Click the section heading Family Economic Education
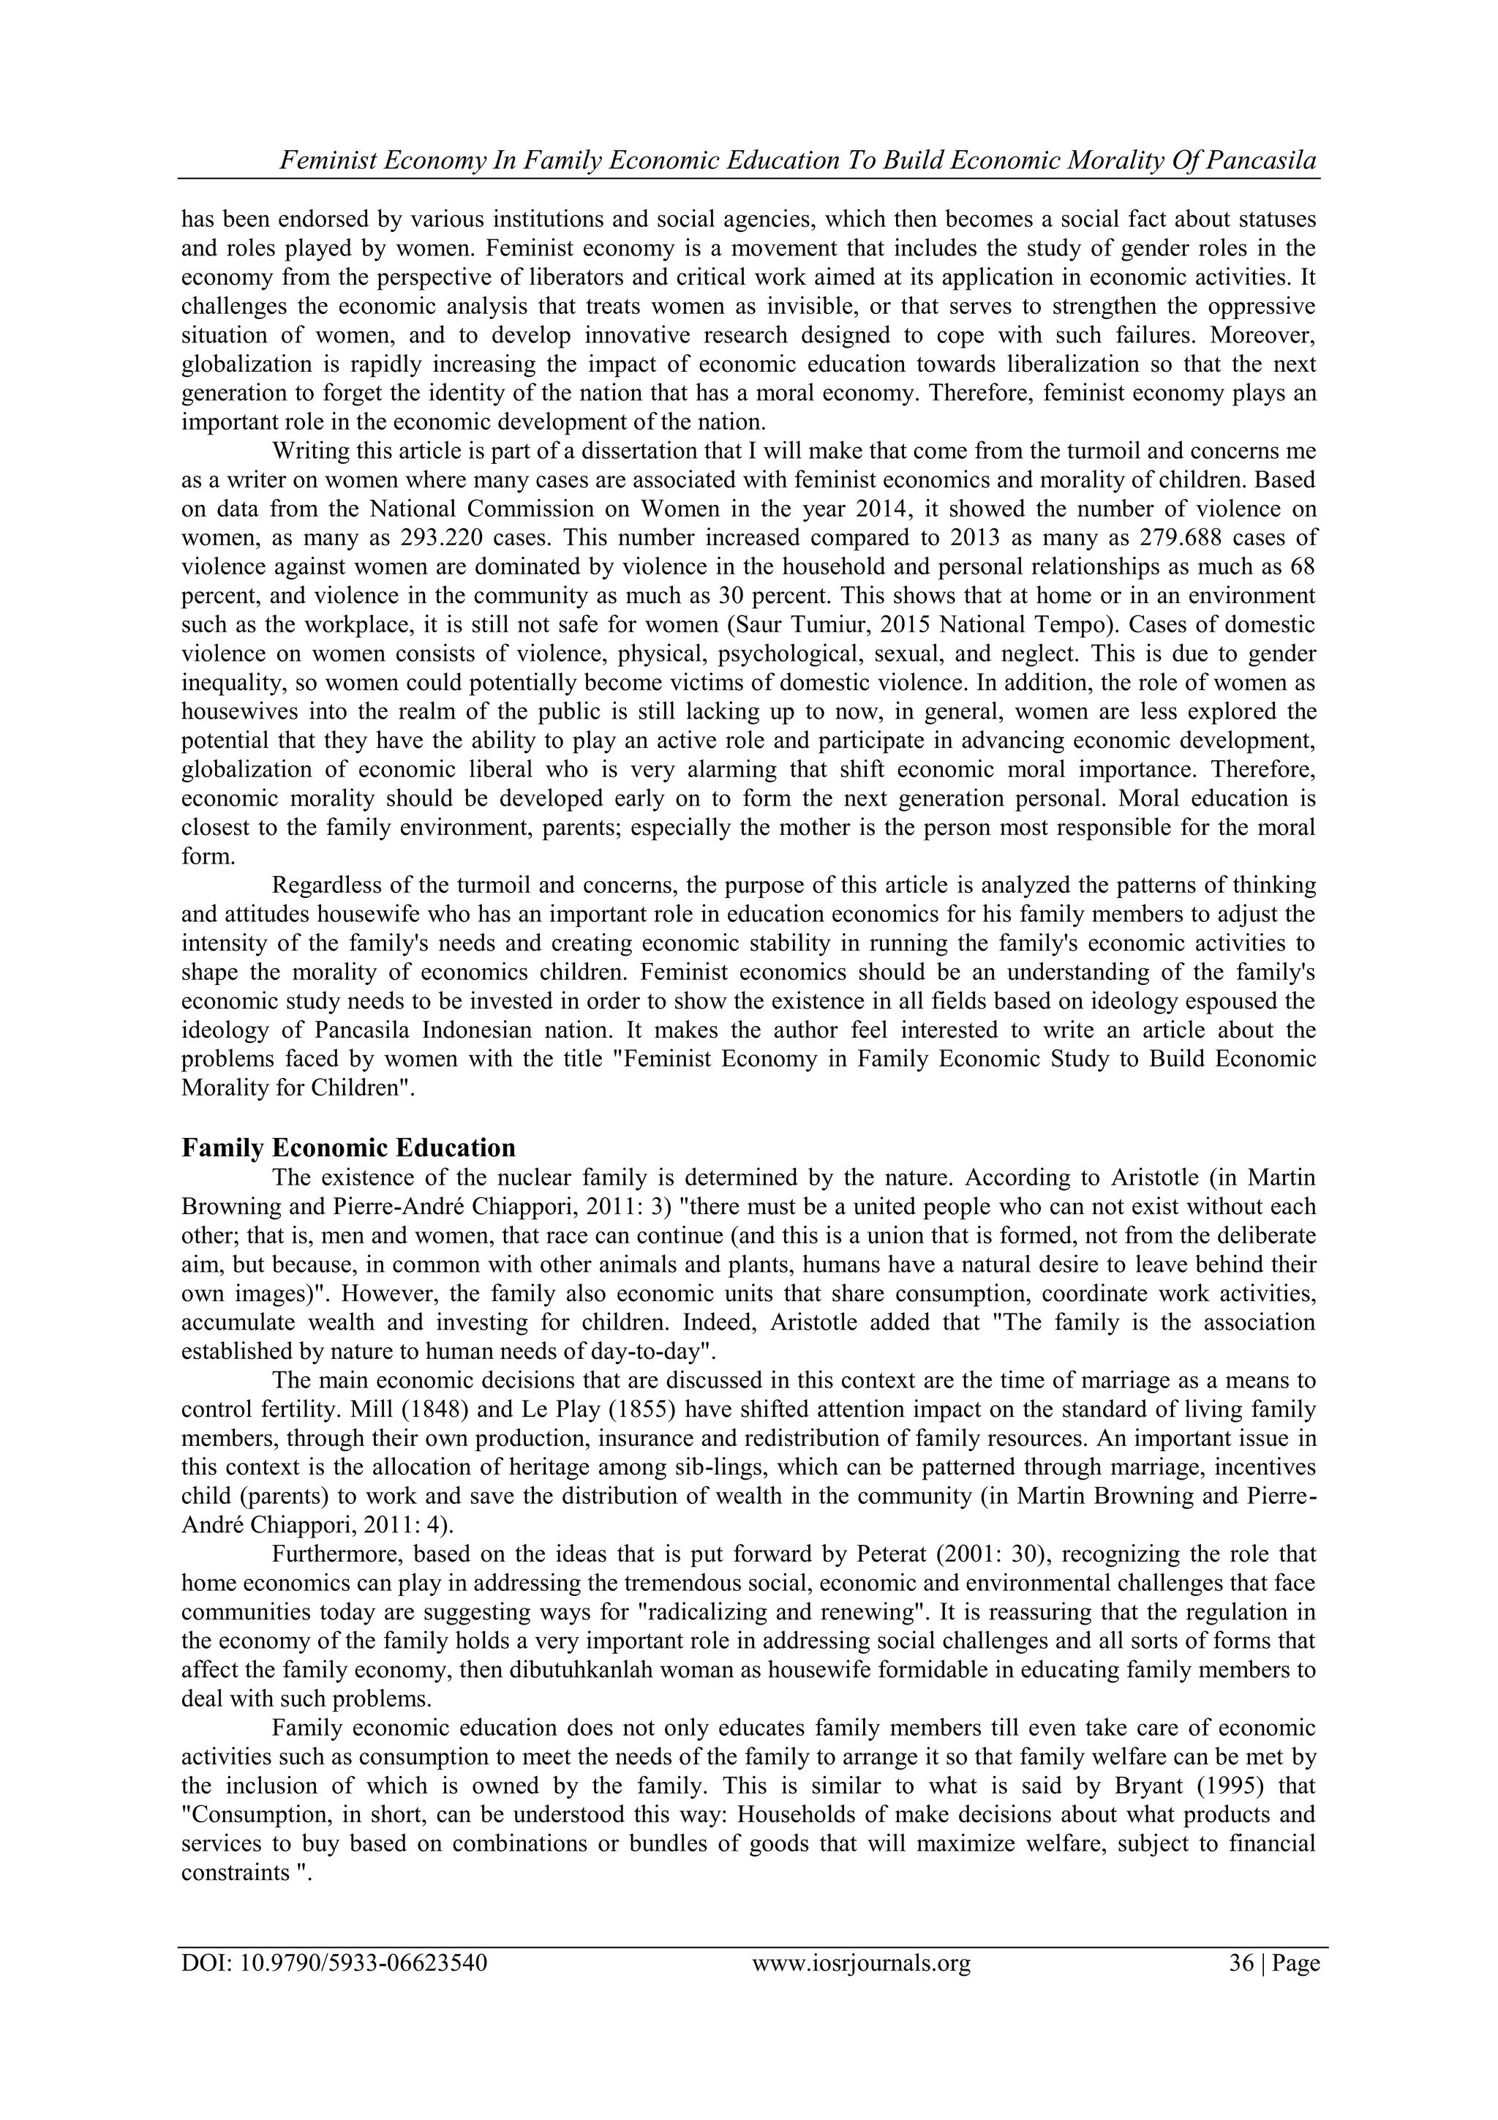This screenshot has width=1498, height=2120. (x=348, y=1147)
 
